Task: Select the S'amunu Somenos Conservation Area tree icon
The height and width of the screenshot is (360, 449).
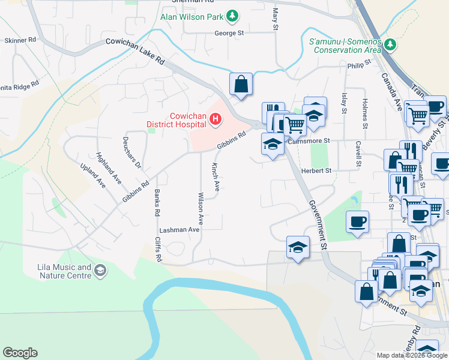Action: [x=390, y=44]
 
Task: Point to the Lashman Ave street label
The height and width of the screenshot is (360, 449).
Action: [x=179, y=230]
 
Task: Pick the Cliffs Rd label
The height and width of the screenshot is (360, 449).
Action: [x=158, y=250]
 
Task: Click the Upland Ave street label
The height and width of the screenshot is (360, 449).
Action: [x=94, y=175]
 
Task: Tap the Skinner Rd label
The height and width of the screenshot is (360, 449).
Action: [x=20, y=40]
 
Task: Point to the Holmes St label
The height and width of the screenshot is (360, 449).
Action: [x=364, y=115]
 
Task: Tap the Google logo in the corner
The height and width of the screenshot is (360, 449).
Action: [x=20, y=353]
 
